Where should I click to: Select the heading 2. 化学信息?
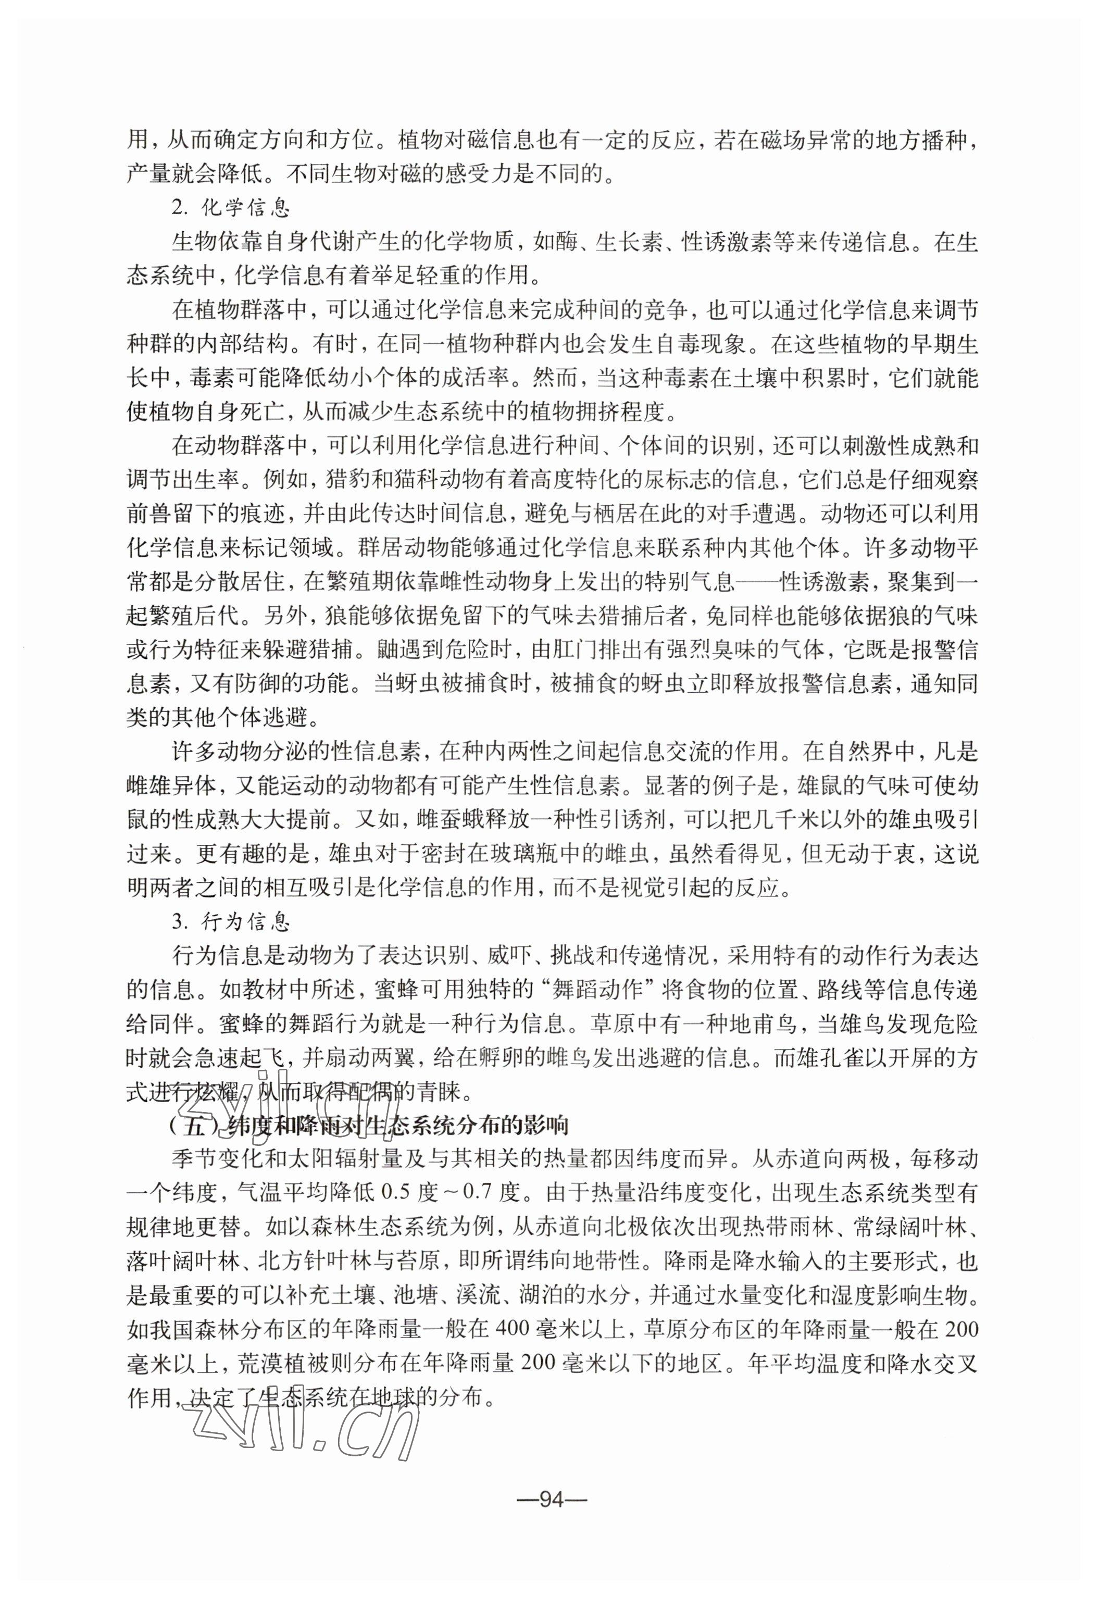pos(230,209)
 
